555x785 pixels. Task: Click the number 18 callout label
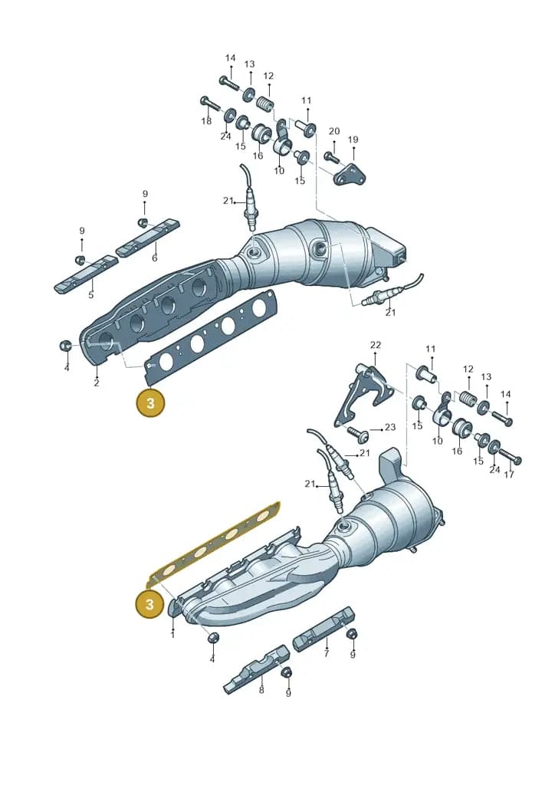(206, 121)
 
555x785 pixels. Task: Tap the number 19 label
(353, 140)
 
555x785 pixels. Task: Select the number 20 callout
(334, 131)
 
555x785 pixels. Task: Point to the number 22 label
(376, 345)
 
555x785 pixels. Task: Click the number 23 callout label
(390, 427)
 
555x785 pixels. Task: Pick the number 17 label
(509, 474)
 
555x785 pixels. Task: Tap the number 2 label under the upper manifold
(96, 383)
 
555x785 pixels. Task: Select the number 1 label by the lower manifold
(172, 635)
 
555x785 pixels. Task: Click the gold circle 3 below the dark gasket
(150, 402)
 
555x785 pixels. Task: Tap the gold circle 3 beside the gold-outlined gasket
(149, 604)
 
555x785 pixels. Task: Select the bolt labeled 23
(360, 433)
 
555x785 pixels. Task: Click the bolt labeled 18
(212, 103)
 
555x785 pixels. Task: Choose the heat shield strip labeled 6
(148, 236)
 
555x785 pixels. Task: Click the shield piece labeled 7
(323, 629)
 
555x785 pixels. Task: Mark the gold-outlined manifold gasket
(214, 544)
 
